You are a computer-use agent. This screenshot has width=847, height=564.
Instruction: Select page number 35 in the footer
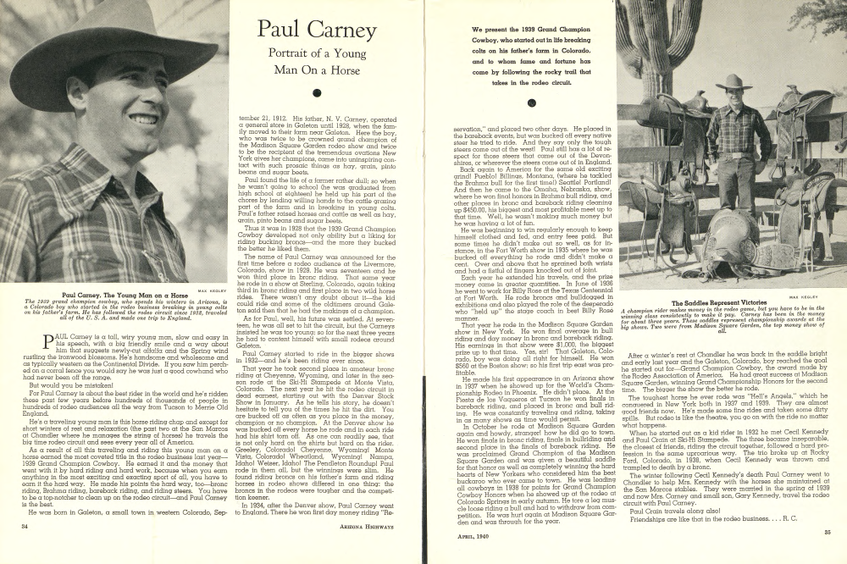(827, 555)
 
